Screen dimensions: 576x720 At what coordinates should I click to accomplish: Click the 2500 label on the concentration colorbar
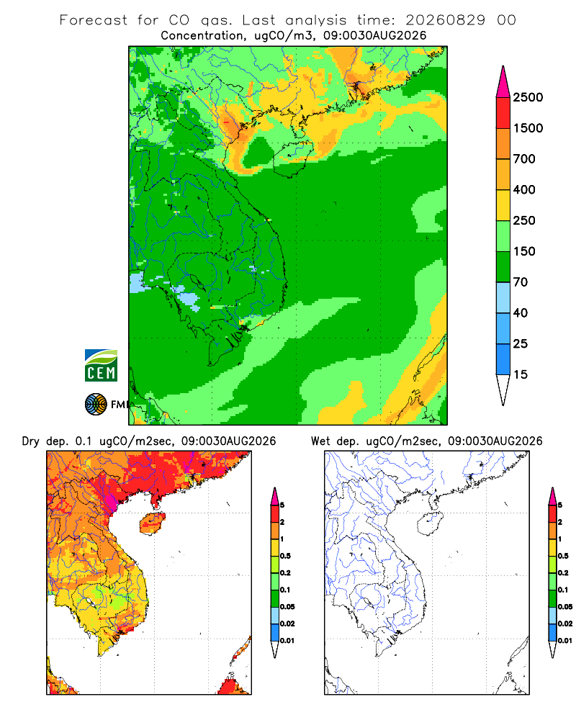click(x=528, y=97)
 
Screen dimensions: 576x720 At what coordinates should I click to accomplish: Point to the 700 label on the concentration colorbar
click(x=524, y=159)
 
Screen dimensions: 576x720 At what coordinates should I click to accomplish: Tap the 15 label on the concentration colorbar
click(x=520, y=374)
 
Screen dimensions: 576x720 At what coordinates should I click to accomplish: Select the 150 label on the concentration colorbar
click(x=524, y=251)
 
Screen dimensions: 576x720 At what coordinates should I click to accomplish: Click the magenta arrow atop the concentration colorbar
click(x=503, y=82)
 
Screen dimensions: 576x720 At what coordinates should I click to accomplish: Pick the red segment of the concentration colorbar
click(x=503, y=113)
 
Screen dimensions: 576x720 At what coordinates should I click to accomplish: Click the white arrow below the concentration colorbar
click(x=503, y=390)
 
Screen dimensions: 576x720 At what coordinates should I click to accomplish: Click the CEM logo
click(x=101, y=366)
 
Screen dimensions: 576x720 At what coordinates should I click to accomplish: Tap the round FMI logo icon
click(x=96, y=405)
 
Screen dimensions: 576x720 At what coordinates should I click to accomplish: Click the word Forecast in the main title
click(x=94, y=20)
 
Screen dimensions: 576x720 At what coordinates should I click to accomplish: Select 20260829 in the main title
click(x=445, y=20)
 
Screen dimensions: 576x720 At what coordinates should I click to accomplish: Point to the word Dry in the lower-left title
click(x=31, y=441)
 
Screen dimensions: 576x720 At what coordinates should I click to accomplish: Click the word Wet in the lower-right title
click(x=320, y=441)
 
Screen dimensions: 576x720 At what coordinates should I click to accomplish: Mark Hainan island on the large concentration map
click(x=293, y=158)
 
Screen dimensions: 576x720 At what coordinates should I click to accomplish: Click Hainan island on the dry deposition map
click(x=153, y=523)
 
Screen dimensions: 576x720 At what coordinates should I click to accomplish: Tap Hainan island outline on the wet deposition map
click(x=430, y=524)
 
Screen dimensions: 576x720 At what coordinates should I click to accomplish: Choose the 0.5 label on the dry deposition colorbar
click(x=285, y=556)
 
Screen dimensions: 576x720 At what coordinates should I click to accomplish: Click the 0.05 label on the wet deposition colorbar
click(x=565, y=607)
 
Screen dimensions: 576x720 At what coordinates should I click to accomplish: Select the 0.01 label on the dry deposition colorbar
click(x=287, y=641)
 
